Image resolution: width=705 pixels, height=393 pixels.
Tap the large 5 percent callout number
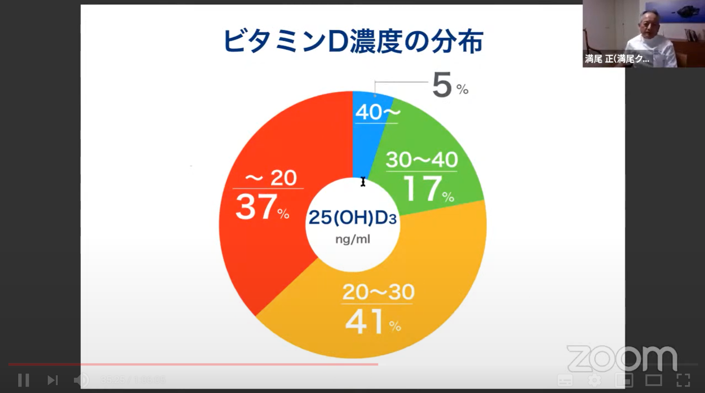click(x=442, y=86)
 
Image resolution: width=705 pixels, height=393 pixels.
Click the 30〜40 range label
click(x=422, y=160)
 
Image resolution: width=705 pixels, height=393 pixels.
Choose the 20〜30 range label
click(x=378, y=293)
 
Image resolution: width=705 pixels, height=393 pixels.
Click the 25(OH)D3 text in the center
click(x=352, y=217)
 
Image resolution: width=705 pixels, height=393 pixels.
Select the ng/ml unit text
click(x=352, y=240)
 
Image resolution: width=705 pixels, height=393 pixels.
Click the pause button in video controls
click(x=23, y=380)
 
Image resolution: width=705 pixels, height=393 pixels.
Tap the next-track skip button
click(x=52, y=380)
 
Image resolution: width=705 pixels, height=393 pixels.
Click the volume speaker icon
click(x=81, y=380)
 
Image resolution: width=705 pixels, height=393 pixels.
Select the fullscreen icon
click(x=683, y=380)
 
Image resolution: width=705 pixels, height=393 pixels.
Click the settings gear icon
click(x=595, y=380)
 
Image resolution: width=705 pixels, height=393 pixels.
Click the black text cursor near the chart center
click(x=363, y=182)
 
